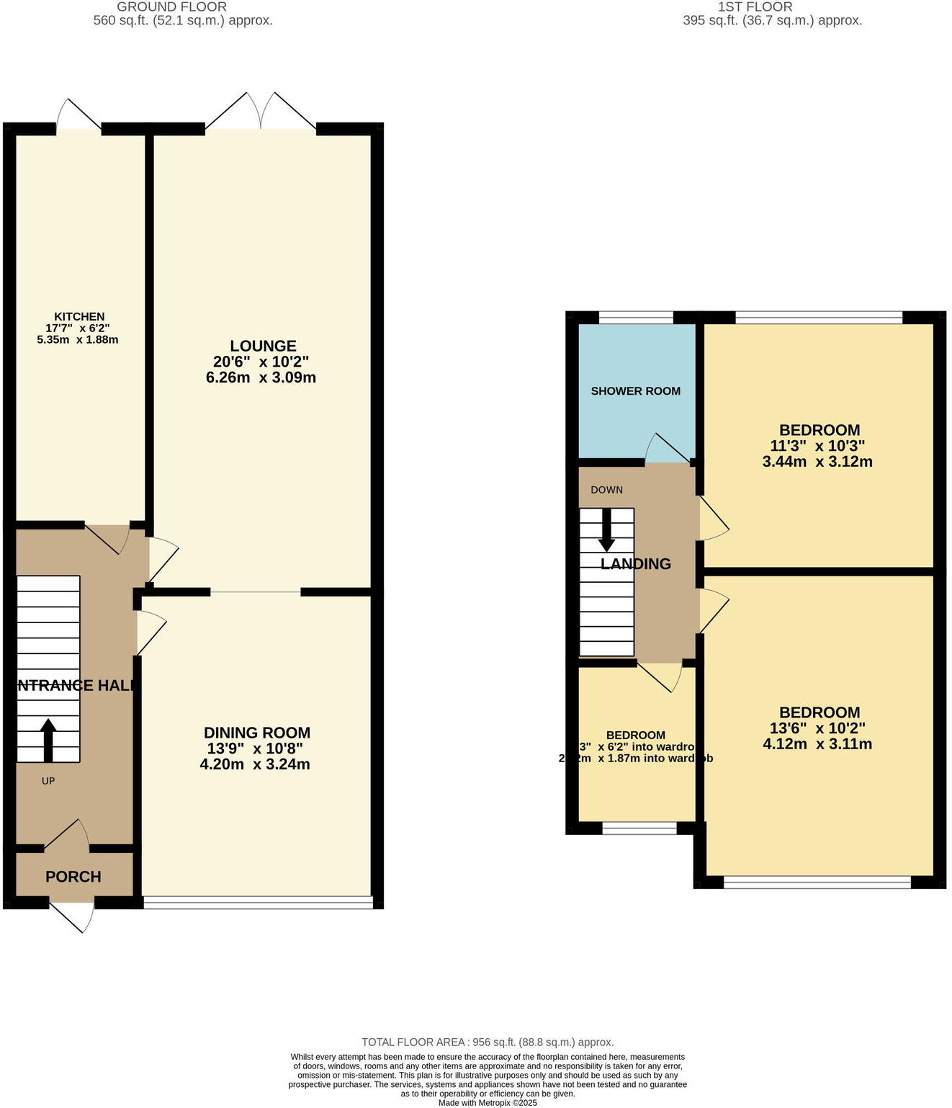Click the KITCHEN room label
coord(79,316)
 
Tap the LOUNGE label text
coord(263,346)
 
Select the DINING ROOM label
coord(257,733)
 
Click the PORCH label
coord(73,877)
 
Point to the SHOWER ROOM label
coord(635,391)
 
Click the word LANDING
coord(636,564)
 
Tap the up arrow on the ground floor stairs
coord(48,739)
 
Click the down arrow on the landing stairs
coord(606,530)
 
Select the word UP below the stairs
coord(48,781)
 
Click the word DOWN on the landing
coord(606,490)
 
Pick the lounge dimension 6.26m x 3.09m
coord(261,377)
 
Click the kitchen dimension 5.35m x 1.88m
coord(78,339)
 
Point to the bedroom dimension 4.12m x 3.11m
coord(817,744)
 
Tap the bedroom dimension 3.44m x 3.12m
coord(817,462)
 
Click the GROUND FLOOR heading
coord(171,6)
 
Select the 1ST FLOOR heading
coord(755,6)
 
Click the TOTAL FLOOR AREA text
coord(488,1042)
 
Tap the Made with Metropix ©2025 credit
coord(488,1102)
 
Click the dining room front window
coord(258,901)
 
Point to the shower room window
coord(635,316)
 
